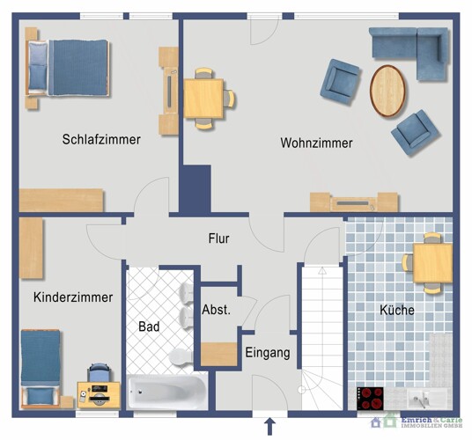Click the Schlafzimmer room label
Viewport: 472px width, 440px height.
point(101,139)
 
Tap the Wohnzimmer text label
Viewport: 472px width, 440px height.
point(316,143)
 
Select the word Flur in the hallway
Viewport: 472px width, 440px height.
point(219,238)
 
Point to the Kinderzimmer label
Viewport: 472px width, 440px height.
point(73,297)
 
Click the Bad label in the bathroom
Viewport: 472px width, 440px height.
point(149,326)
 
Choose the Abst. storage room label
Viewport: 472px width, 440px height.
point(216,310)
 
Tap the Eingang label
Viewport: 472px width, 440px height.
point(268,353)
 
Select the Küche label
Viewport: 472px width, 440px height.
point(396,310)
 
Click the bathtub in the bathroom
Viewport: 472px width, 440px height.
point(167,391)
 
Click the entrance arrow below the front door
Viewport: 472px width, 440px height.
point(270,427)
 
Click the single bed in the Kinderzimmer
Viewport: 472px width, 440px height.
point(40,367)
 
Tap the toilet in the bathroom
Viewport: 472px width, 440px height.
point(179,356)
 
